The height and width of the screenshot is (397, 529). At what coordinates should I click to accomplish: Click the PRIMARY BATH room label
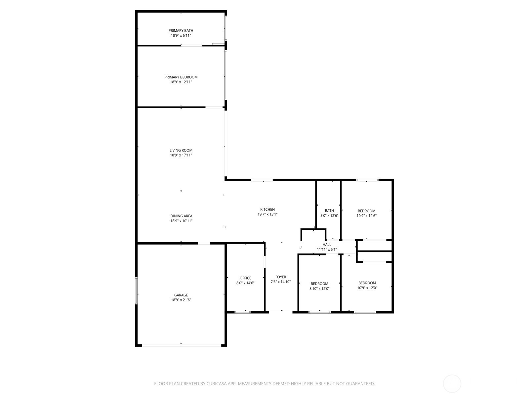click(181, 31)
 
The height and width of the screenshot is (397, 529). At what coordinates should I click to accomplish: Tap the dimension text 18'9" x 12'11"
click(181, 82)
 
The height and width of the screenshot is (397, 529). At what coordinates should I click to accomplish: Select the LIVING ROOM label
click(181, 150)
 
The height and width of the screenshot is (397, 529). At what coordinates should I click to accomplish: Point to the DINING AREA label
click(181, 216)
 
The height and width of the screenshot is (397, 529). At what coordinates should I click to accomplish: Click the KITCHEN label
click(267, 209)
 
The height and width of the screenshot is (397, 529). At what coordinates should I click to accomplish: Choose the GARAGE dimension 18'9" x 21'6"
click(181, 300)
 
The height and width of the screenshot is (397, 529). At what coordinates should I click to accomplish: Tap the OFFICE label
click(245, 278)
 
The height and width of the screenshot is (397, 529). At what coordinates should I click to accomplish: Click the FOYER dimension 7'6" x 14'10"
click(280, 282)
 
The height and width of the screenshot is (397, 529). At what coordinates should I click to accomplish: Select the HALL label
click(327, 244)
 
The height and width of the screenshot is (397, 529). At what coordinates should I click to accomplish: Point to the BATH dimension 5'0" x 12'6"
click(329, 215)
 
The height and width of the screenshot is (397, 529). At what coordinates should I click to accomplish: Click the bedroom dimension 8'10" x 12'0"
click(319, 288)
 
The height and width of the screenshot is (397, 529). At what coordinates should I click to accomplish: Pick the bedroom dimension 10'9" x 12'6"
click(366, 216)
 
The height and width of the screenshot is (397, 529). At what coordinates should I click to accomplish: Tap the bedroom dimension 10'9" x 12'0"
click(367, 288)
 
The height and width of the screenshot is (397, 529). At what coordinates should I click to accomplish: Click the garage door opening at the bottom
click(182, 345)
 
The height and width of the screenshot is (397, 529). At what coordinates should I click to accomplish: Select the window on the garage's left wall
click(136, 291)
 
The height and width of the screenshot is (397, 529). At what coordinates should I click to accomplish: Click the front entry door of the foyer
click(280, 312)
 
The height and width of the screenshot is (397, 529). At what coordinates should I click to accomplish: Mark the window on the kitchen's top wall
click(262, 180)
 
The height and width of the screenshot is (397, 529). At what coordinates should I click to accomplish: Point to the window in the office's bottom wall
click(242, 312)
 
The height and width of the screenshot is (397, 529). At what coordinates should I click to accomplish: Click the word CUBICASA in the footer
click(217, 383)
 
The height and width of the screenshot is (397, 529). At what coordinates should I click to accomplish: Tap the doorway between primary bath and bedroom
click(191, 45)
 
